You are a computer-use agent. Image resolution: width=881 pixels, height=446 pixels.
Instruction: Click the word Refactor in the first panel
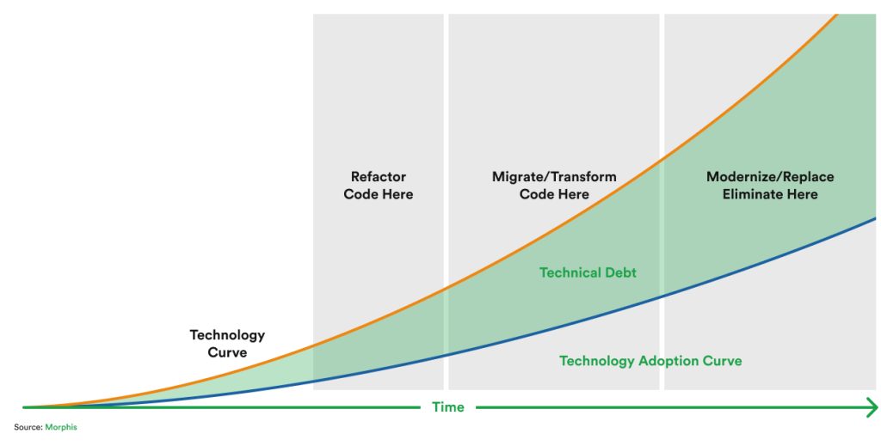(379, 177)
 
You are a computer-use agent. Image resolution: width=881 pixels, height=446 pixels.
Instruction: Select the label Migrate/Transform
(554, 177)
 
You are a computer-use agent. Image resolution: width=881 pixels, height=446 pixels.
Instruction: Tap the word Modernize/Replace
(770, 177)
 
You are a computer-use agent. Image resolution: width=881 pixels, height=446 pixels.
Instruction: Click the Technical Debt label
(588, 272)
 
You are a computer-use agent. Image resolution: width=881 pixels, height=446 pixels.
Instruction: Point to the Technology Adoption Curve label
(650, 361)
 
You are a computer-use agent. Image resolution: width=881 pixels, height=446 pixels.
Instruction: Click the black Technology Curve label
(227, 344)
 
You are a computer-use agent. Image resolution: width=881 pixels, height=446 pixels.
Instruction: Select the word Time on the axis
(447, 407)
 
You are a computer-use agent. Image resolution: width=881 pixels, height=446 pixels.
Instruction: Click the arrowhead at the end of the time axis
(872, 407)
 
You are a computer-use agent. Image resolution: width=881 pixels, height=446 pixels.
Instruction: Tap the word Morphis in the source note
(61, 427)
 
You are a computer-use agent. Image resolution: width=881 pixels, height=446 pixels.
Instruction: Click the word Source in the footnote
(28, 427)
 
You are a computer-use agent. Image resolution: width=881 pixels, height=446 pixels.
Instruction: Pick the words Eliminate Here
(770, 194)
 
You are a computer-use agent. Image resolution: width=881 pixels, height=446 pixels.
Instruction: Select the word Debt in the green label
(619, 272)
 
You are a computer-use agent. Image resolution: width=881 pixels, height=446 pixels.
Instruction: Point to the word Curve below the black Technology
(227, 352)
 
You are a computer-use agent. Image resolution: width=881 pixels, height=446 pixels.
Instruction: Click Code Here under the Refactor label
(379, 194)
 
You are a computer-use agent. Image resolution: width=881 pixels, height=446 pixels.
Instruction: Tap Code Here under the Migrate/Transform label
(554, 194)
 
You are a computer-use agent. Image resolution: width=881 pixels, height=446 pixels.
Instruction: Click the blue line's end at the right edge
(874, 218)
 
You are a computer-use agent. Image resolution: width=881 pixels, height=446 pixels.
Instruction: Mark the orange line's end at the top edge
(835, 15)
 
